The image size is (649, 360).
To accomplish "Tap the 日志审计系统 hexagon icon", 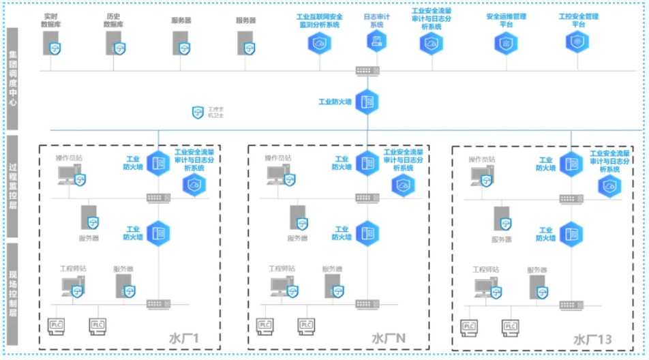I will (x=376, y=42).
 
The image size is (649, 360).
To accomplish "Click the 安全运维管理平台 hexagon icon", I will (x=506, y=42).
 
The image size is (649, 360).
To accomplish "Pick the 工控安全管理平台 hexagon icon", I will (x=577, y=42).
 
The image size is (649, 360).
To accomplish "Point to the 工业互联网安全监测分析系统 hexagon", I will (x=318, y=43).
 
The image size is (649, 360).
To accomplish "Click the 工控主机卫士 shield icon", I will (x=198, y=112).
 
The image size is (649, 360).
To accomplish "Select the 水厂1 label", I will (x=184, y=338).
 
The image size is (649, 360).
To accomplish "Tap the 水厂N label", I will (x=389, y=338).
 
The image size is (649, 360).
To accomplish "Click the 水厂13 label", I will (x=592, y=339).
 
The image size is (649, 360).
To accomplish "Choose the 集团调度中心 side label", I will (x=13, y=79).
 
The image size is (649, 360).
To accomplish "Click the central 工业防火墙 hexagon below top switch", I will (x=367, y=102).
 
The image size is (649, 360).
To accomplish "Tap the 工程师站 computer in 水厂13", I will (x=485, y=288).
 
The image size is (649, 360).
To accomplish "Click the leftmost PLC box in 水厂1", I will (x=57, y=326).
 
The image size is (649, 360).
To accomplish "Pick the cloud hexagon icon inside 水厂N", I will (x=403, y=184).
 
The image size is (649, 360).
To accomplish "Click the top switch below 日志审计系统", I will (x=367, y=71).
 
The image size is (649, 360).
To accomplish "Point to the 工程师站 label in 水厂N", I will (x=282, y=269).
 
